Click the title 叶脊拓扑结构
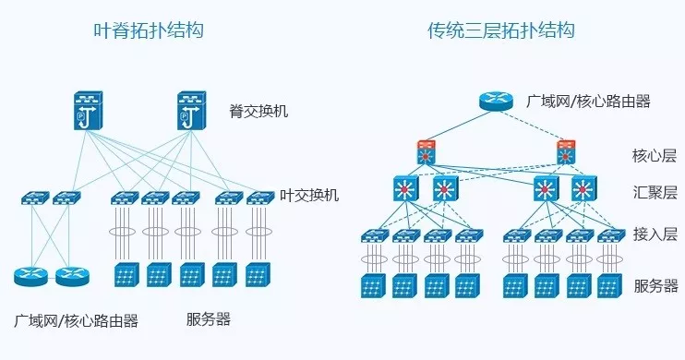pyautogui.click(x=149, y=31)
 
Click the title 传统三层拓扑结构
pyautogui.click(x=501, y=31)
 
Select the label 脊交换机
pyautogui.click(x=259, y=112)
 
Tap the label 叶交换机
pyautogui.click(x=309, y=195)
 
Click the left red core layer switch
pyautogui.click(x=427, y=152)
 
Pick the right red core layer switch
pyautogui.click(x=565, y=152)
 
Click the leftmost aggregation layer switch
pyautogui.click(x=406, y=190)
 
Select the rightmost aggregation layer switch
pyautogui.click(x=583, y=190)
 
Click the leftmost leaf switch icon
pyautogui.click(x=36, y=198)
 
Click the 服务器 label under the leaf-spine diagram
pyautogui.click(x=208, y=320)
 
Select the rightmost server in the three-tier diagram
pyautogui.click(x=607, y=285)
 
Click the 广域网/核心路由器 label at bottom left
pyautogui.click(x=77, y=320)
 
